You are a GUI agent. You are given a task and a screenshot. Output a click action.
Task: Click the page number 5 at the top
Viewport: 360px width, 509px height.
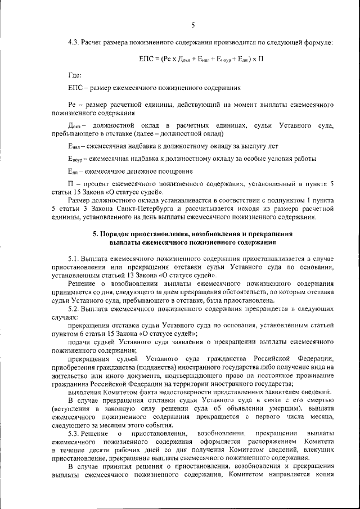pyautogui.click(x=192, y=25)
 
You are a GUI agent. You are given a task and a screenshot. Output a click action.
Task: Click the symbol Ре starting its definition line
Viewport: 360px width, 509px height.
pyautogui.click(x=71, y=105)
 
